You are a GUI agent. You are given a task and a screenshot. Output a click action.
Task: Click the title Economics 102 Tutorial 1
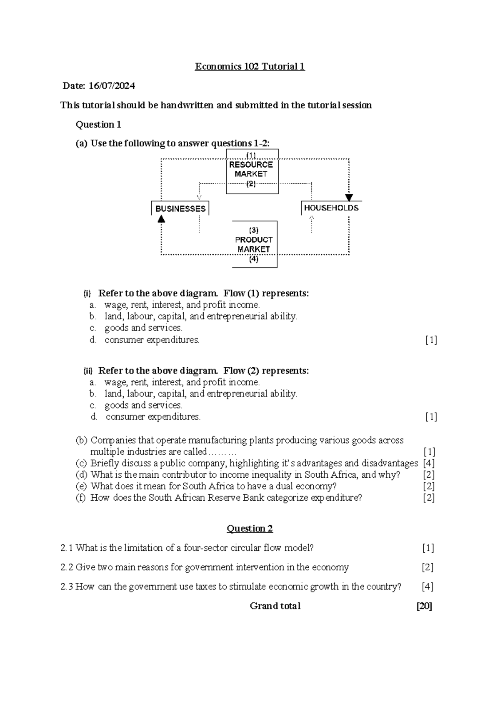(250, 67)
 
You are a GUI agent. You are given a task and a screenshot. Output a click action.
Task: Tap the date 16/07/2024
(112, 86)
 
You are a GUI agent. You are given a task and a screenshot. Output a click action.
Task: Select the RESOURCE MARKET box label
(251, 169)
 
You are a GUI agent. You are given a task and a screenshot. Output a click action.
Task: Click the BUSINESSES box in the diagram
(180, 208)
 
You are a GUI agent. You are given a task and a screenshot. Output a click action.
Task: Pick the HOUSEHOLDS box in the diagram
(331, 208)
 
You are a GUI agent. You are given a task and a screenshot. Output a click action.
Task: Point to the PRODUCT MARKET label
(254, 244)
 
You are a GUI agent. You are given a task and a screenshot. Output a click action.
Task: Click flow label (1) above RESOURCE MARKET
(251, 155)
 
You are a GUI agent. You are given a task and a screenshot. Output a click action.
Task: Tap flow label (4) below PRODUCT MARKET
(254, 259)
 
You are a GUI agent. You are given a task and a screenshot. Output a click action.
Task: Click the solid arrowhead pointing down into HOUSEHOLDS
(349, 198)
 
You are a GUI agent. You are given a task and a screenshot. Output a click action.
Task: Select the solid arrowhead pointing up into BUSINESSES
(161, 219)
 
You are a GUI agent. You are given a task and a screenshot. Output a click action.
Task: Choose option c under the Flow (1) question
(93, 328)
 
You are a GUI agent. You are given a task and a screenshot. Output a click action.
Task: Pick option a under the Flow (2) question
(93, 382)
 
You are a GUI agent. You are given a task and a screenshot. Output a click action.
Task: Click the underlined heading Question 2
(250, 529)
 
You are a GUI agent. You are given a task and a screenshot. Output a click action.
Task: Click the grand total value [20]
(424, 606)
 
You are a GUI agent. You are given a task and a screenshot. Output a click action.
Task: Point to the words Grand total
(275, 606)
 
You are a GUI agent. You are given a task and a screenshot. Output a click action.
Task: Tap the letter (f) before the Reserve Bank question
(81, 498)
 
